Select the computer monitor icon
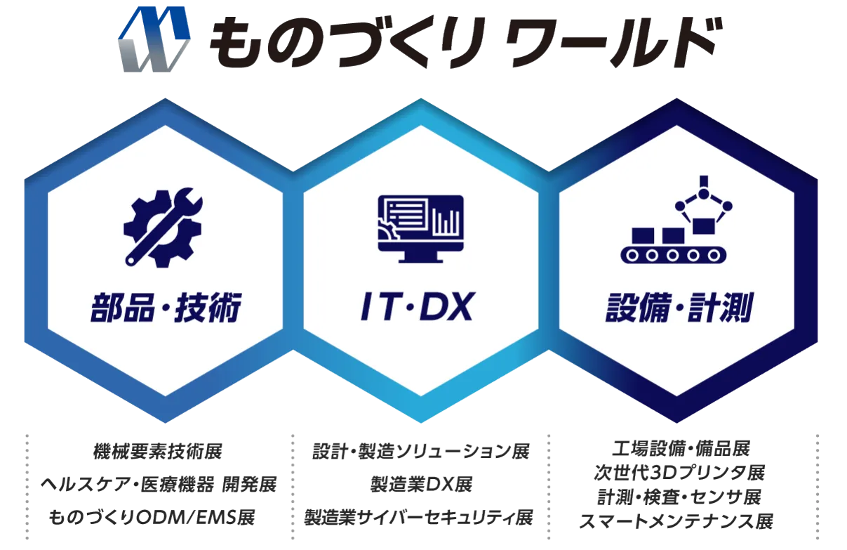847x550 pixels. click(x=420, y=227)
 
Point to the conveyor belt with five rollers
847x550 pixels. click(x=671, y=253)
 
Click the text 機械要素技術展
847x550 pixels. click(x=157, y=451)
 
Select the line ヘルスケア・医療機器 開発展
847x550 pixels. click(x=157, y=485)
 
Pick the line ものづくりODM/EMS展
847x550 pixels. click(x=152, y=518)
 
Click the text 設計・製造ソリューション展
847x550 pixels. click(x=420, y=451)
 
